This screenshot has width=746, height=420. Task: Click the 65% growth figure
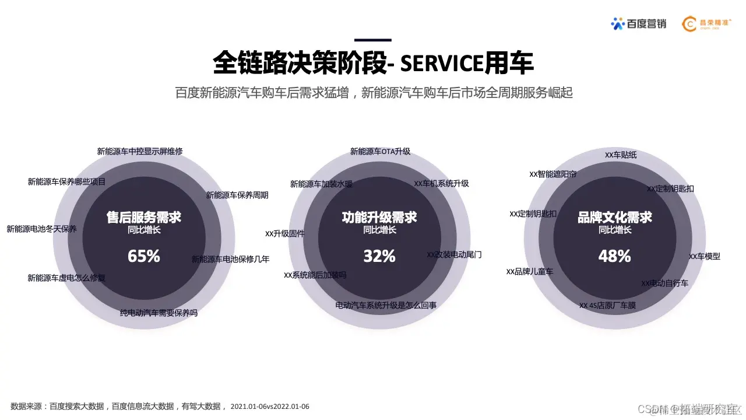pyautogui.click(x=143, y=256)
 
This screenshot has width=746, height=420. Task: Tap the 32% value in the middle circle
pyautogui.click(x=379, y=256)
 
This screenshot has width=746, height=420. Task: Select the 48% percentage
pyautogui.click(x=615, y=256)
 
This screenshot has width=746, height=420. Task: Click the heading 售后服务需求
pyautogui.click(x=143, y=218)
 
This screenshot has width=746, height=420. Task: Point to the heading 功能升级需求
pyautogui.click(x=379, y=218)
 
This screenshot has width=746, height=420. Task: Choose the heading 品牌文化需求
pyautogui.click(x=615, y=218)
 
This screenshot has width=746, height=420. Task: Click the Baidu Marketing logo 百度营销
pyautogui.click(x=638, y=23)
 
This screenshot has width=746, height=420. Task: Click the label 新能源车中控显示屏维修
pyautogui.click(x=140, y=151)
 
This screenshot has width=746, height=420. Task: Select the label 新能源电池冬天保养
pyautogui.click(x=41, y=229)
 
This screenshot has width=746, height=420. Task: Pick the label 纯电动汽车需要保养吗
pyautogui.click(x=159, y=313)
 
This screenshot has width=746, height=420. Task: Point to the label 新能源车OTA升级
pyautogui.click(x=380, y=151)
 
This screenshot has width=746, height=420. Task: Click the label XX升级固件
pyautogui.click(x=284, y=234)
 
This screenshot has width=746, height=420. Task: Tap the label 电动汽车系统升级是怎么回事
pyautogui.click(x=386, y=305)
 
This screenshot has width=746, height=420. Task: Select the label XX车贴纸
pyautogui.click(x=621, y=155)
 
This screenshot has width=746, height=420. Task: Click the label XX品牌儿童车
pyautogui.click(x=530, y=271)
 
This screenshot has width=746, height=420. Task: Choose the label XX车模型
pyautogui.click(x=705, y=256)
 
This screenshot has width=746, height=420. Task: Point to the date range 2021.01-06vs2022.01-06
pyautogui.click(x=270, y=406)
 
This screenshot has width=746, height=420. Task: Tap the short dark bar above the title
pyautogui.click(x=373, y=40)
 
